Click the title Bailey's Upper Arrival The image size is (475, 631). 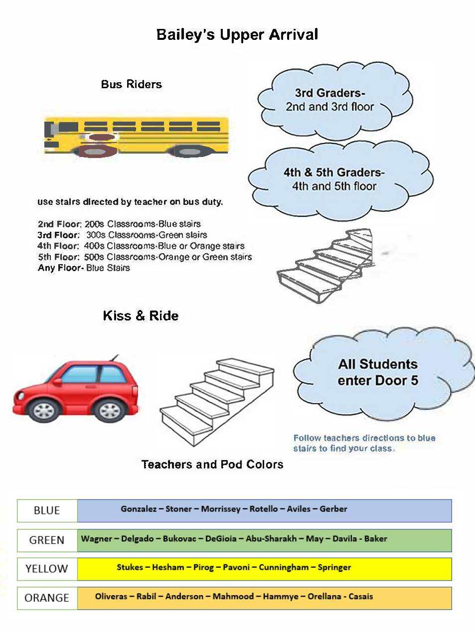click(237, 34)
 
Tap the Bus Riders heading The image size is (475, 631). click(131, 84)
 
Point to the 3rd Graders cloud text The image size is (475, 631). click(329, 100)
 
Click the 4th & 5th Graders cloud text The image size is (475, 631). click(334, 179)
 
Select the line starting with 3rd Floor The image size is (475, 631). click(122, 235)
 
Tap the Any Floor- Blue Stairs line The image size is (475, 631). click(84, 268)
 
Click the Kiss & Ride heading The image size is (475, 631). click(141, 315)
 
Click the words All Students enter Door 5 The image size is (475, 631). click(378, 372)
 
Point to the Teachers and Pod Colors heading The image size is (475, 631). click(212, 465)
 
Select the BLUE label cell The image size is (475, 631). click(47, 510)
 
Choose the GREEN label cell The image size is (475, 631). click(47, 540)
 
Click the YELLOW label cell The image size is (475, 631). click(47, 569)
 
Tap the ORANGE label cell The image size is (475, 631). click(47, 598)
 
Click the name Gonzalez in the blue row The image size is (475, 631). click(139, 509)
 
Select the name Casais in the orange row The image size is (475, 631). click(360, 596)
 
